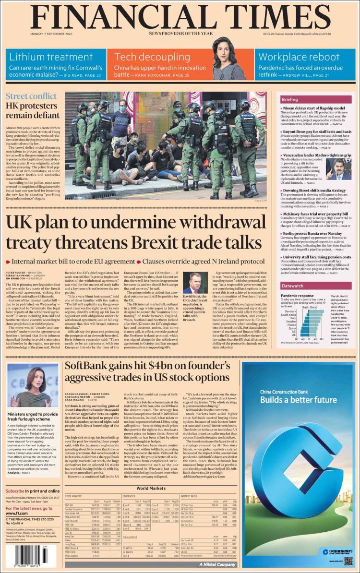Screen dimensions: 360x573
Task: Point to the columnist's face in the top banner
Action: pos(228,49)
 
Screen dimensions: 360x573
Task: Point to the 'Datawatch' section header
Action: pos(292,286)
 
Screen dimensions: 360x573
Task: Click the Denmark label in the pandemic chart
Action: pos(303,311)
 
